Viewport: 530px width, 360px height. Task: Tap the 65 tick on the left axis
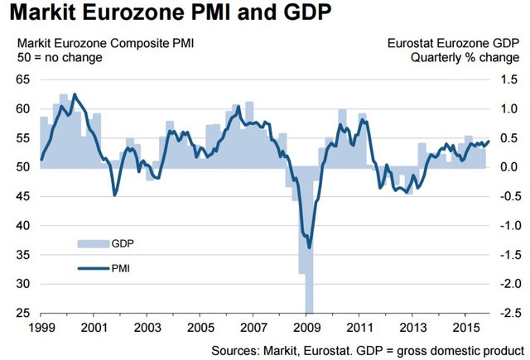point(22,79)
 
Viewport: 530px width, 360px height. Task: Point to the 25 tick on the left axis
point(22,313)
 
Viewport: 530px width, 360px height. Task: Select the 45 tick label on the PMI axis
point(22,195)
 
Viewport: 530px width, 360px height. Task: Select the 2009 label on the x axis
point(306,328)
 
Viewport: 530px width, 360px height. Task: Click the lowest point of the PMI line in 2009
point(310,247)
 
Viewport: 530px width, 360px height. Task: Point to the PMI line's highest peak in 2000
point(75,94)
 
